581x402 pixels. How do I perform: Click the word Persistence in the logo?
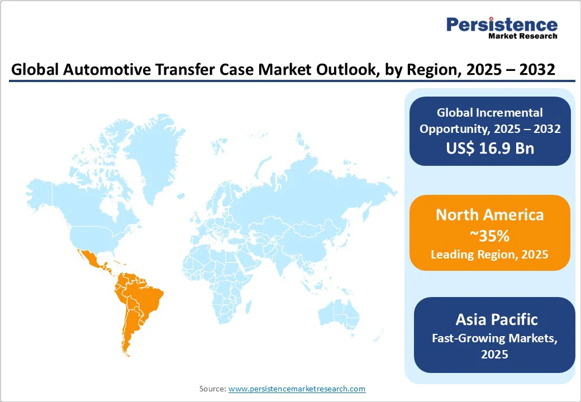[501, 25]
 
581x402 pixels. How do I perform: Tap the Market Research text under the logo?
[522, 36]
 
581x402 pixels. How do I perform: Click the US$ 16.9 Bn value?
[489, 147]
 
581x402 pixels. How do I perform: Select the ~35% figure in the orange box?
[489, 236]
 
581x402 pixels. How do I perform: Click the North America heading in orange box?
[489, 215]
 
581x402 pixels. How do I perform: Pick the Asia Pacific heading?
[496, 319]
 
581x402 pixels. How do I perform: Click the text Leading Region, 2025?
[489, 255]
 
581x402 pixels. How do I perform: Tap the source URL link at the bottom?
[297, 389]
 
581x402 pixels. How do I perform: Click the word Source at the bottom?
[212, 389]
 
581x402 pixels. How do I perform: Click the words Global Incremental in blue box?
[489, 113]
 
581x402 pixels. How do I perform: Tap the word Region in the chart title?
[435, 70]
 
